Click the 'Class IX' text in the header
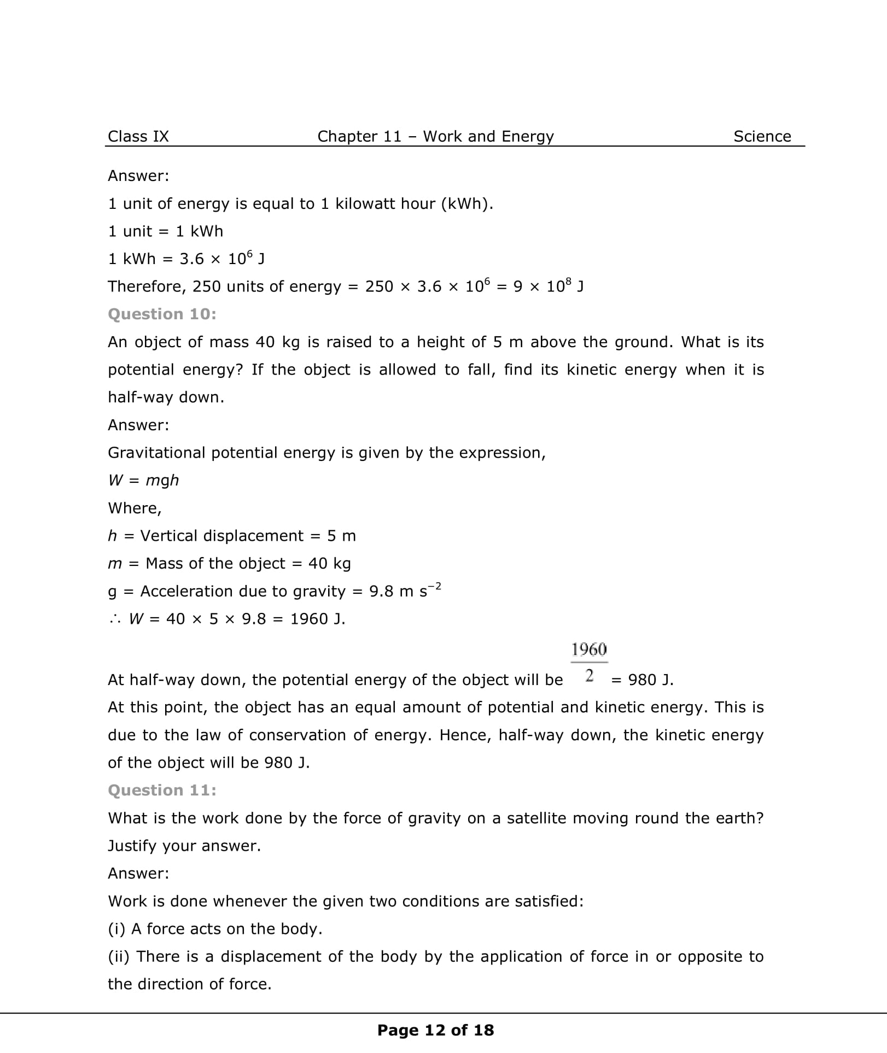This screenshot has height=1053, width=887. pos(138,136)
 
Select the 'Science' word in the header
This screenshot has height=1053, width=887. pos(762,136)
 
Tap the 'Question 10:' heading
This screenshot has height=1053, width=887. pos(162,314)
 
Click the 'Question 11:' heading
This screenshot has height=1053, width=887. pos(162,790)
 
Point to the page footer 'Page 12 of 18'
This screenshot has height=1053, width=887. pos(435,1030)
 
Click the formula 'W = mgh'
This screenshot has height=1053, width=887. pos(143,480)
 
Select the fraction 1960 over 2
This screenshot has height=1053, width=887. pos(589,662)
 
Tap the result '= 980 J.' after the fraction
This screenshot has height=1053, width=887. pos(643,680)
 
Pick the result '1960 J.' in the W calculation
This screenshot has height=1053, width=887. pos(318,619)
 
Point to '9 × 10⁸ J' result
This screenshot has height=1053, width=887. pos(548,286)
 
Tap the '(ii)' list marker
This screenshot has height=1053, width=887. pos(118,956)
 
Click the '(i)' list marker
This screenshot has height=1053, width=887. pos(116,929)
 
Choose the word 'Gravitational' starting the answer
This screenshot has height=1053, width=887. pos(156,453)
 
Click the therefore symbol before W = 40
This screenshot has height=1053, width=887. pos(115,619)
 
